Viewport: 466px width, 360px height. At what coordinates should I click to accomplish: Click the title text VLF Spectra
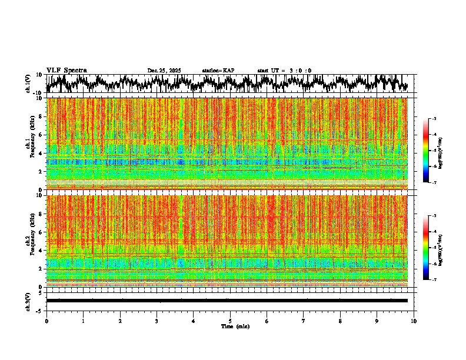coord(66,70)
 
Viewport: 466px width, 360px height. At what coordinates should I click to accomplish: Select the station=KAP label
coord(218,71)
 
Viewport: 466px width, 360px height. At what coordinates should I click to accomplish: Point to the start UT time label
coord(284,71)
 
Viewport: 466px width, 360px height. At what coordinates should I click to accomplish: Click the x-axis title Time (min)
coord(235,326)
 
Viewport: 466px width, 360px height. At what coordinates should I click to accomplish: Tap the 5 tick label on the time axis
coord(230,321)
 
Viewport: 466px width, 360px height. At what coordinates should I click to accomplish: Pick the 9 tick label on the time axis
coord(377,321)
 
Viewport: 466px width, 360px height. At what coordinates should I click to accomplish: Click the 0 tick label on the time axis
coord(46,321)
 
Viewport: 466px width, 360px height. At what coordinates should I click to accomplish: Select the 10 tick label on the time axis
coord(414,321)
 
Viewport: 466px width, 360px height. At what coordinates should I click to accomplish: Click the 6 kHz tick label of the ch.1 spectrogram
coord(42,135)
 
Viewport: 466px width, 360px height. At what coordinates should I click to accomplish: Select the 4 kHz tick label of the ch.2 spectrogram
coord(42,250)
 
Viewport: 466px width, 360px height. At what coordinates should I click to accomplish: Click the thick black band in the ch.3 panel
coord(227,301)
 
